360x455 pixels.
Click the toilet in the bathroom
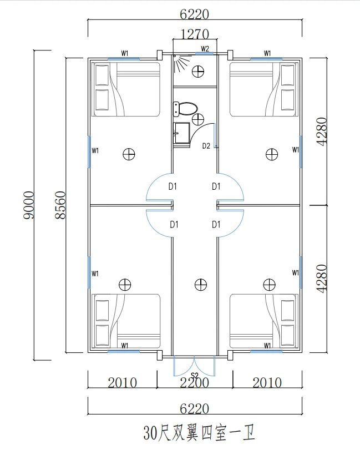185,109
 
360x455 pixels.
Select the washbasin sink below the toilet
181,133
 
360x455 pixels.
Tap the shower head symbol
182,63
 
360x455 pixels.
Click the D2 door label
206,146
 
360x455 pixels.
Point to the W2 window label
205,48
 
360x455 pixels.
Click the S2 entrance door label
195,376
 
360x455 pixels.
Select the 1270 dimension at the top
195,34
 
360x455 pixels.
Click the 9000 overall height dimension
29,205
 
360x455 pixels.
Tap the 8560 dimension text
60,205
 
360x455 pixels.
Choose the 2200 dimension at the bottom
195,383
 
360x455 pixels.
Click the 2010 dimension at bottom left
123,383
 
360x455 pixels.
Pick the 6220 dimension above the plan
194,14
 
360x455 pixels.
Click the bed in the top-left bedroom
126,89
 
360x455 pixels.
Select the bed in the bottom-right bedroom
264,321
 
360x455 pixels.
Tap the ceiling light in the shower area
198,71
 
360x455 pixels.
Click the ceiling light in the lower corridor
201,285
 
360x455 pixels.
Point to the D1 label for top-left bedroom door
173,186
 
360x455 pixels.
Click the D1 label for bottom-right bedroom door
216,224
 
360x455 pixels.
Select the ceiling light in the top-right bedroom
272,154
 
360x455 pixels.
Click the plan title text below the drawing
199,433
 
